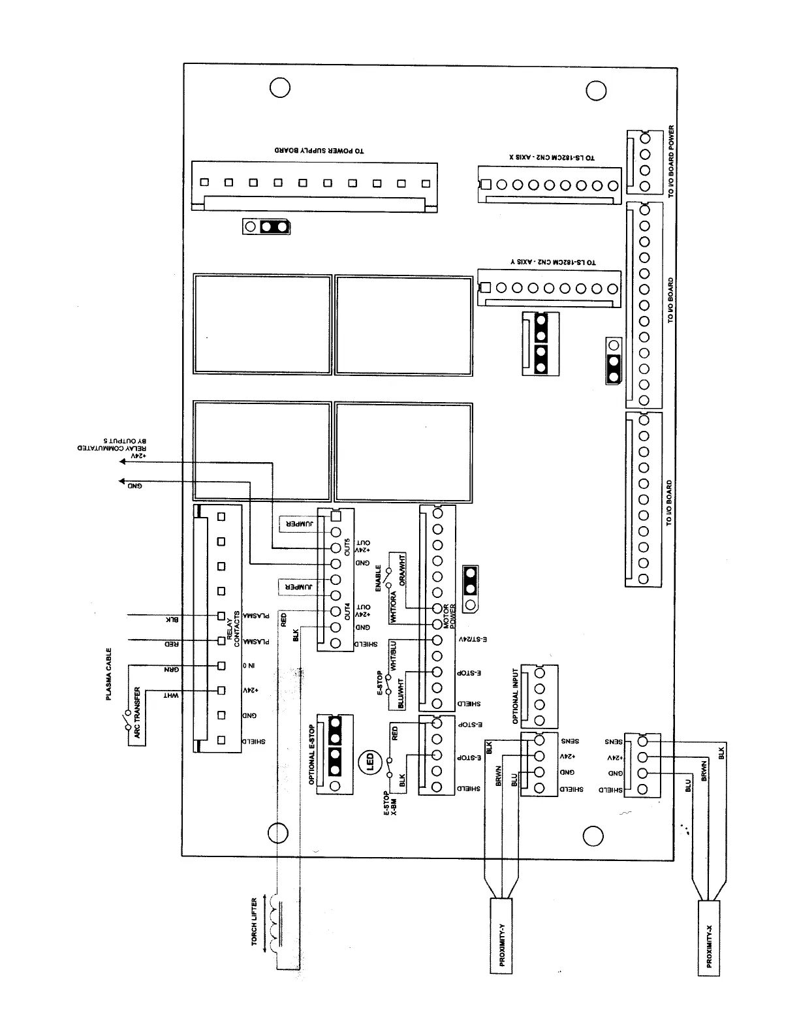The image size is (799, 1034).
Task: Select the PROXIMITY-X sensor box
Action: (709, 938)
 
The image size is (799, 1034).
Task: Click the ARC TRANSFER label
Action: (138, 712)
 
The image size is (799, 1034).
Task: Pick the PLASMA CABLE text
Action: (109, 674)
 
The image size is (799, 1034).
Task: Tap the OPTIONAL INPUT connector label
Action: (516, 696)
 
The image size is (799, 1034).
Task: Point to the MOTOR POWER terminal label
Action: (450, 615)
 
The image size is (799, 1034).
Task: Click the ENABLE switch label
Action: (379, 578)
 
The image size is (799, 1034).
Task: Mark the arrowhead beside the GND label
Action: (121, 482)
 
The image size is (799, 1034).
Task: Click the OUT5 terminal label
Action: (347, 546)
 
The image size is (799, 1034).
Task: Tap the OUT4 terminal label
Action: (347, 611)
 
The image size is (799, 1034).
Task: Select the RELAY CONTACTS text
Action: (234, 629)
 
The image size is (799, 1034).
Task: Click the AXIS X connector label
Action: (552, 157)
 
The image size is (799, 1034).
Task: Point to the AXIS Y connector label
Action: (554, 262)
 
